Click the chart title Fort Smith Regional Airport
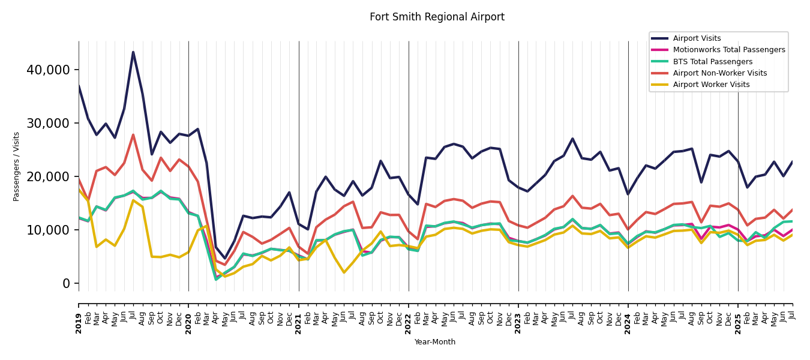437,17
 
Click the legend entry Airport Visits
697,38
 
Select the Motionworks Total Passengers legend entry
728,50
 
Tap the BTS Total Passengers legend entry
712,62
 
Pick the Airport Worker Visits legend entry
711,85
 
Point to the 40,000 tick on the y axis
48,70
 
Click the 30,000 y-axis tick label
48,124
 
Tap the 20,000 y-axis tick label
48,177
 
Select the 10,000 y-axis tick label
48,230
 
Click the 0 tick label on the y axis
67,284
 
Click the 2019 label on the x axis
79,316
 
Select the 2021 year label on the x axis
299,316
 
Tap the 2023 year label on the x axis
518,316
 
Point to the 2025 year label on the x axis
738,316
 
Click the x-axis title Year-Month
435,342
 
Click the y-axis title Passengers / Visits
17,166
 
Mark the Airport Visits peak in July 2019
133,52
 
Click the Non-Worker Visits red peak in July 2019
133,135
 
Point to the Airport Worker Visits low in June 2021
344,272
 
